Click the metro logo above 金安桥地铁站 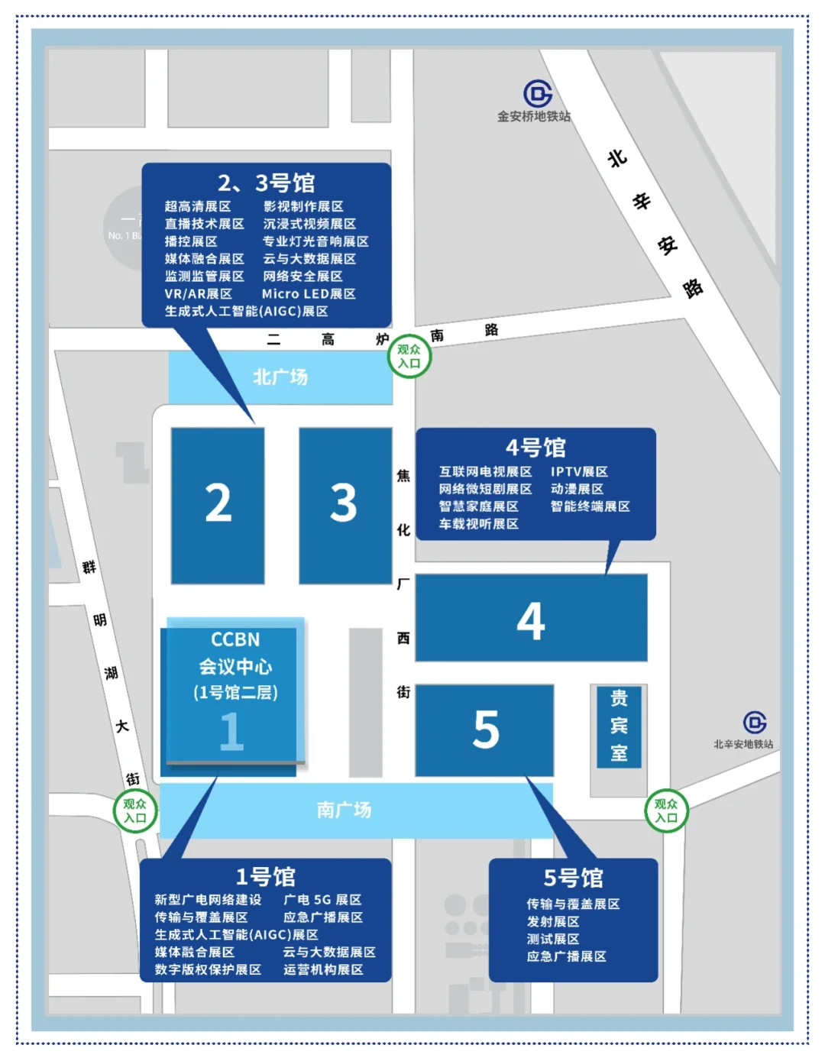click(x=538, y=94)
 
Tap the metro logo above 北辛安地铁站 click(x=755, y=722)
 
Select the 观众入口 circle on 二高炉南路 click(x=409, y=356)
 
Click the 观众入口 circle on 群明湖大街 click(x=135, y=810)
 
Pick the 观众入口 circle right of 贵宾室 click(x=666, y=810)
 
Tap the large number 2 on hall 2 click(x=218, y=503)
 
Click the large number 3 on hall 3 click(x=344, y=503)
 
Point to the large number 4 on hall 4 click(x=531, y=620)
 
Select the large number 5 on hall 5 click(x=486, y=729)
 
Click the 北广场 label click(x=280, y=377)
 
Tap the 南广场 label click(x=344, y=810)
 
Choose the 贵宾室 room click(x=619, y=726)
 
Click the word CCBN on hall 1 click(x=235, y=639)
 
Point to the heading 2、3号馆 click(x=266, y=183)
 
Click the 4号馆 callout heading click(x=535, y=447)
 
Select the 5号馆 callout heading click(x=573, y=878)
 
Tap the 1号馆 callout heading click(x=265, y=876)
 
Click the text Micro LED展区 click(x=309, y=294)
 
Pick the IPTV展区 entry click(x=579, y=472)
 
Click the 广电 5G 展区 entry click(x=322, y=900)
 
